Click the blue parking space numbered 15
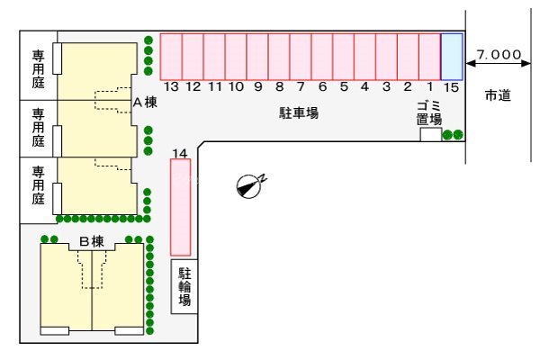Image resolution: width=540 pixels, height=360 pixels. (x=452, y=57)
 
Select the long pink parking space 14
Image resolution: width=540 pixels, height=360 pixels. (x=181, y=207)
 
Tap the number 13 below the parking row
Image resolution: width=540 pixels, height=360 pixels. (x=171, y=86)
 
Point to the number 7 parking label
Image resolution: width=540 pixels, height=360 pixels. (x=301, y=86)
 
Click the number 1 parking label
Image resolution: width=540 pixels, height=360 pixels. (x=429, y=86)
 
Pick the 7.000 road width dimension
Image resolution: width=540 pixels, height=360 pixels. (x=499, y=54)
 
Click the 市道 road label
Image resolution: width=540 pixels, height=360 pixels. (x=498, y=95)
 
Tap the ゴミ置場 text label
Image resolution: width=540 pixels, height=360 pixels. (x=428, y=113)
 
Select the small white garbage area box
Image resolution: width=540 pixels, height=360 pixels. (x=431, y=134)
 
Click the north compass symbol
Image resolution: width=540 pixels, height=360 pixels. (x=249, y=186)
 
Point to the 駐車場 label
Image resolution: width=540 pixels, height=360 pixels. (x=299, y=113)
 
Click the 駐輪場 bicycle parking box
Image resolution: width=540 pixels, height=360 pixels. (x=184, y=286)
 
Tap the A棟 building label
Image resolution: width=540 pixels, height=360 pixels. (x=145, y=103)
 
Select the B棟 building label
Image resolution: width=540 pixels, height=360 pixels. (x=92, y=241)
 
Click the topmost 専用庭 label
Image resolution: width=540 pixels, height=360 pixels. (x=39, y=69)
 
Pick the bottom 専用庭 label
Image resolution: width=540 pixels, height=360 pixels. (x=39, y=185)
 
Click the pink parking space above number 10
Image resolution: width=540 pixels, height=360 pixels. (x=236, y=57)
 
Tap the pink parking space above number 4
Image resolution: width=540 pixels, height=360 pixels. (x=364, y=57)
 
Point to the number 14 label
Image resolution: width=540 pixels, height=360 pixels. (x=180, y=153)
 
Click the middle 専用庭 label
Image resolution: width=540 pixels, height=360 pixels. (x=39, y=128)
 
